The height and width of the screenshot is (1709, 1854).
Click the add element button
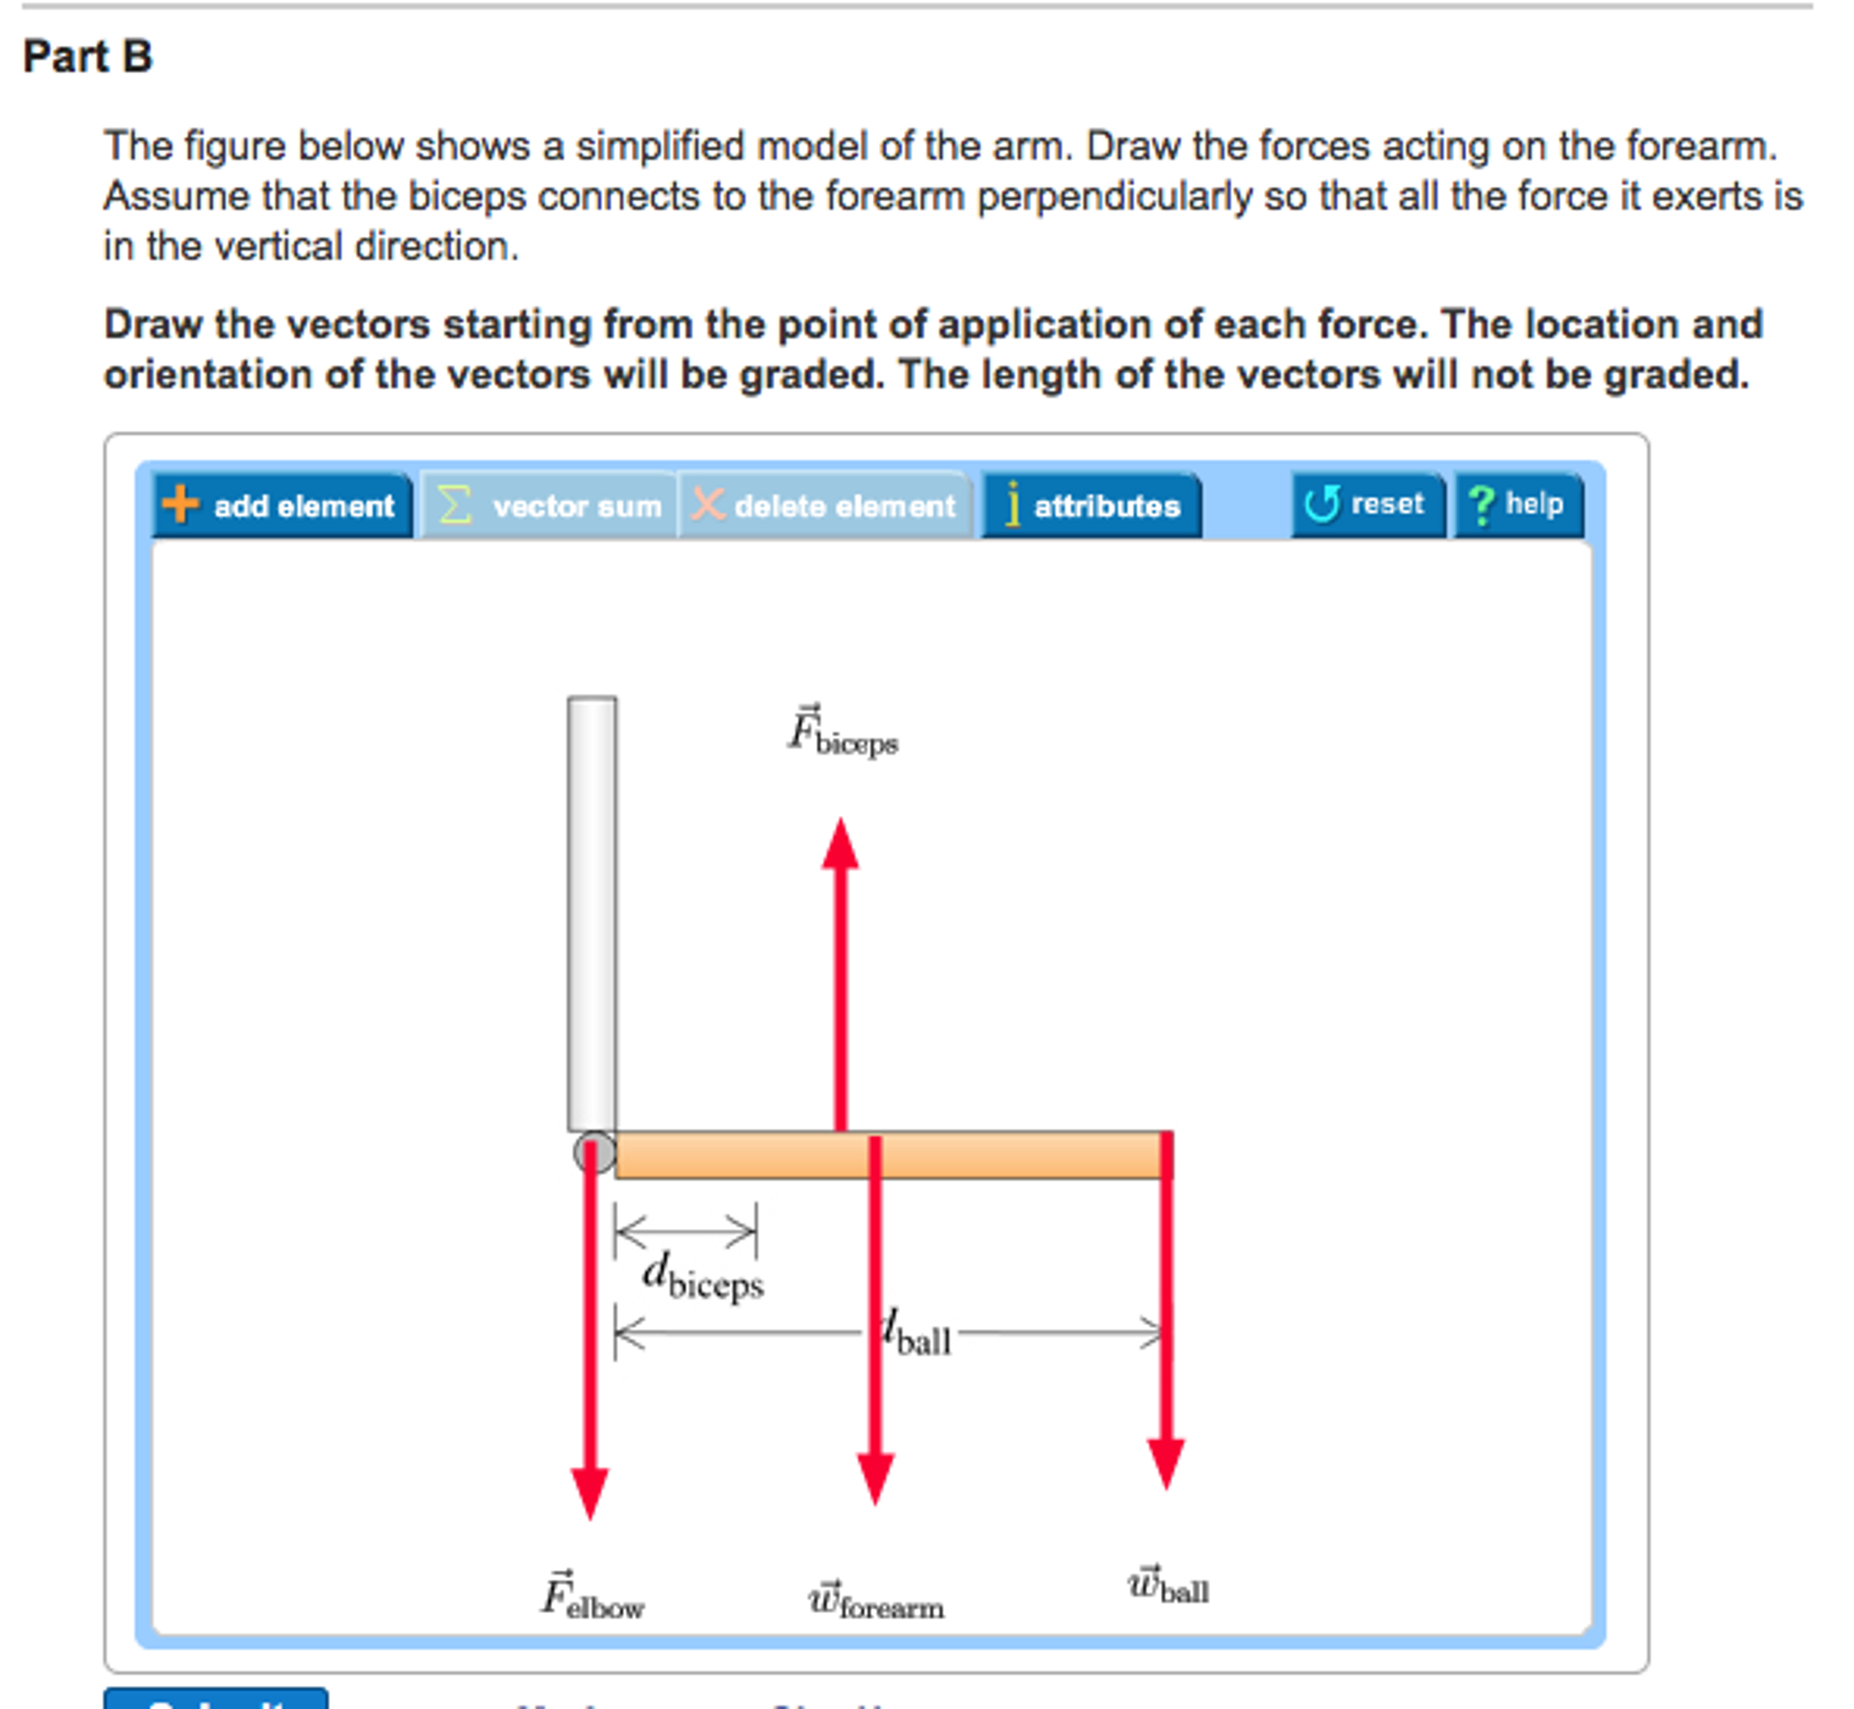282,506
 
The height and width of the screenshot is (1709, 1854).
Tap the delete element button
825,506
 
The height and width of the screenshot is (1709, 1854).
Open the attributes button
1092,506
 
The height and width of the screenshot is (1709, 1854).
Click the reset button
1367,504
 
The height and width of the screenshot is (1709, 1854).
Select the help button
1518,504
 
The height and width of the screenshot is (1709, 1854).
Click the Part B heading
87,56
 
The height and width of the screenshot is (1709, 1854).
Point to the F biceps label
842,734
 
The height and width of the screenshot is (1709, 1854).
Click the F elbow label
592,1598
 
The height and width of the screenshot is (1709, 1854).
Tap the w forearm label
875,1602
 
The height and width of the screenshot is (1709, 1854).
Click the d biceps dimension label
703,1279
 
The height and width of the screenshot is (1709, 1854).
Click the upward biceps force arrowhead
840,846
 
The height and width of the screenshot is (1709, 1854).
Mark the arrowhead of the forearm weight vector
875,1478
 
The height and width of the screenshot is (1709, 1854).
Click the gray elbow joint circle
594,1153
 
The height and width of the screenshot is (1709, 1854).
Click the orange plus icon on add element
180,504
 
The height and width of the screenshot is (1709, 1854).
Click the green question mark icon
1482,505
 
